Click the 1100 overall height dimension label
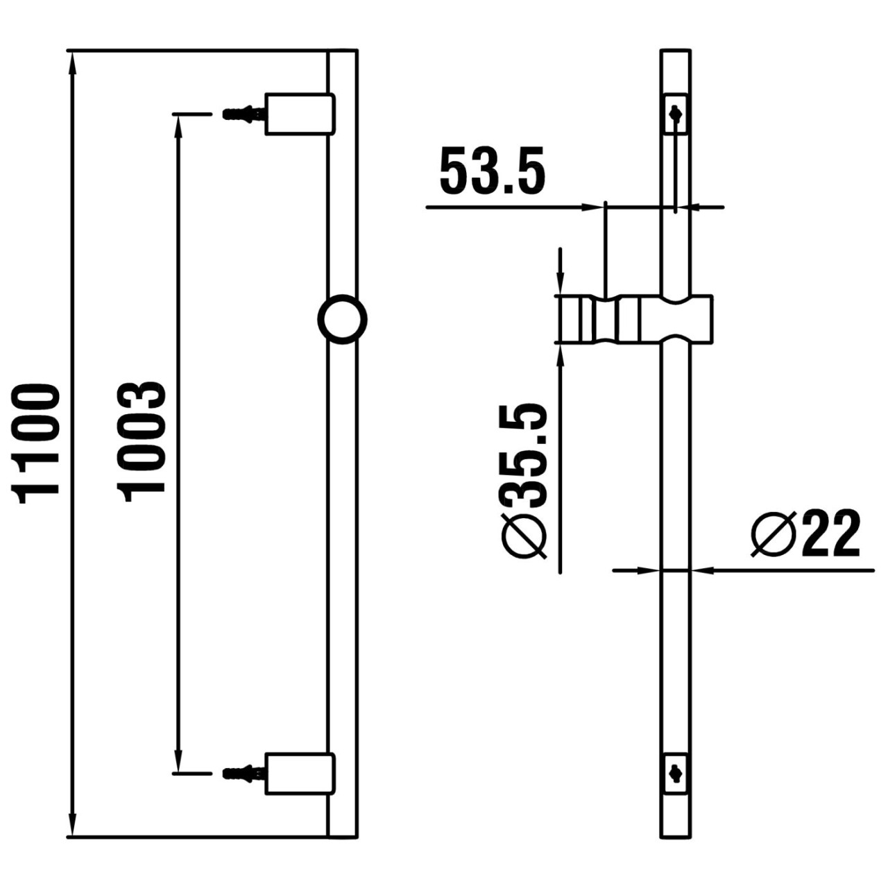pyautogui.click(x=36, y=443)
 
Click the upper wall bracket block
pyautogui.click(x=300, y=113)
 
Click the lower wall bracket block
pyautogui.click(x=300, y=772)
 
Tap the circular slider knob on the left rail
pyautogui.click(x=342, y=320)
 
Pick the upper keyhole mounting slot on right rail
pyautogui.click(x=675, y=112)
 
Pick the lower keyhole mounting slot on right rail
pyautogui.click(x=675, y=769)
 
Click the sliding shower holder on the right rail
pyautogui.click(x=634, y=319)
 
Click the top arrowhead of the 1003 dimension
pyautogui.click(x=179, y=125)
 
